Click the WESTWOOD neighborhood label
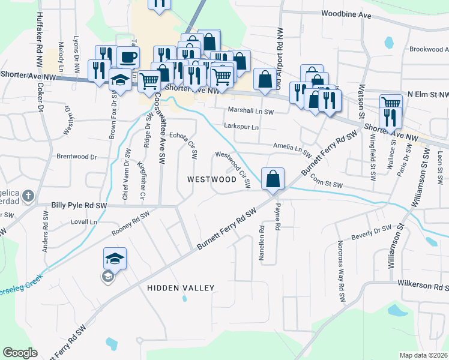pyautogui.click(x=212, y=179)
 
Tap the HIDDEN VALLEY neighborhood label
pyautogui.click(x=180, y=288)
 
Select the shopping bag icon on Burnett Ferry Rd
pyautogui.click(x=273, y=178)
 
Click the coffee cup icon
pyautogui.click(x=128, y=57)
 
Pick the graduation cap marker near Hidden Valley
pyautogui.click(x=115, y=259)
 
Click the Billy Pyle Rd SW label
pyautogui.click(x=79, y=205)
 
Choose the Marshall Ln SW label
pyautogui.click(x=251, y=111)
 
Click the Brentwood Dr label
pyautogui.click(x=76, y=157)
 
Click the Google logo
pyautogui.click(x=20, y=353)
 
